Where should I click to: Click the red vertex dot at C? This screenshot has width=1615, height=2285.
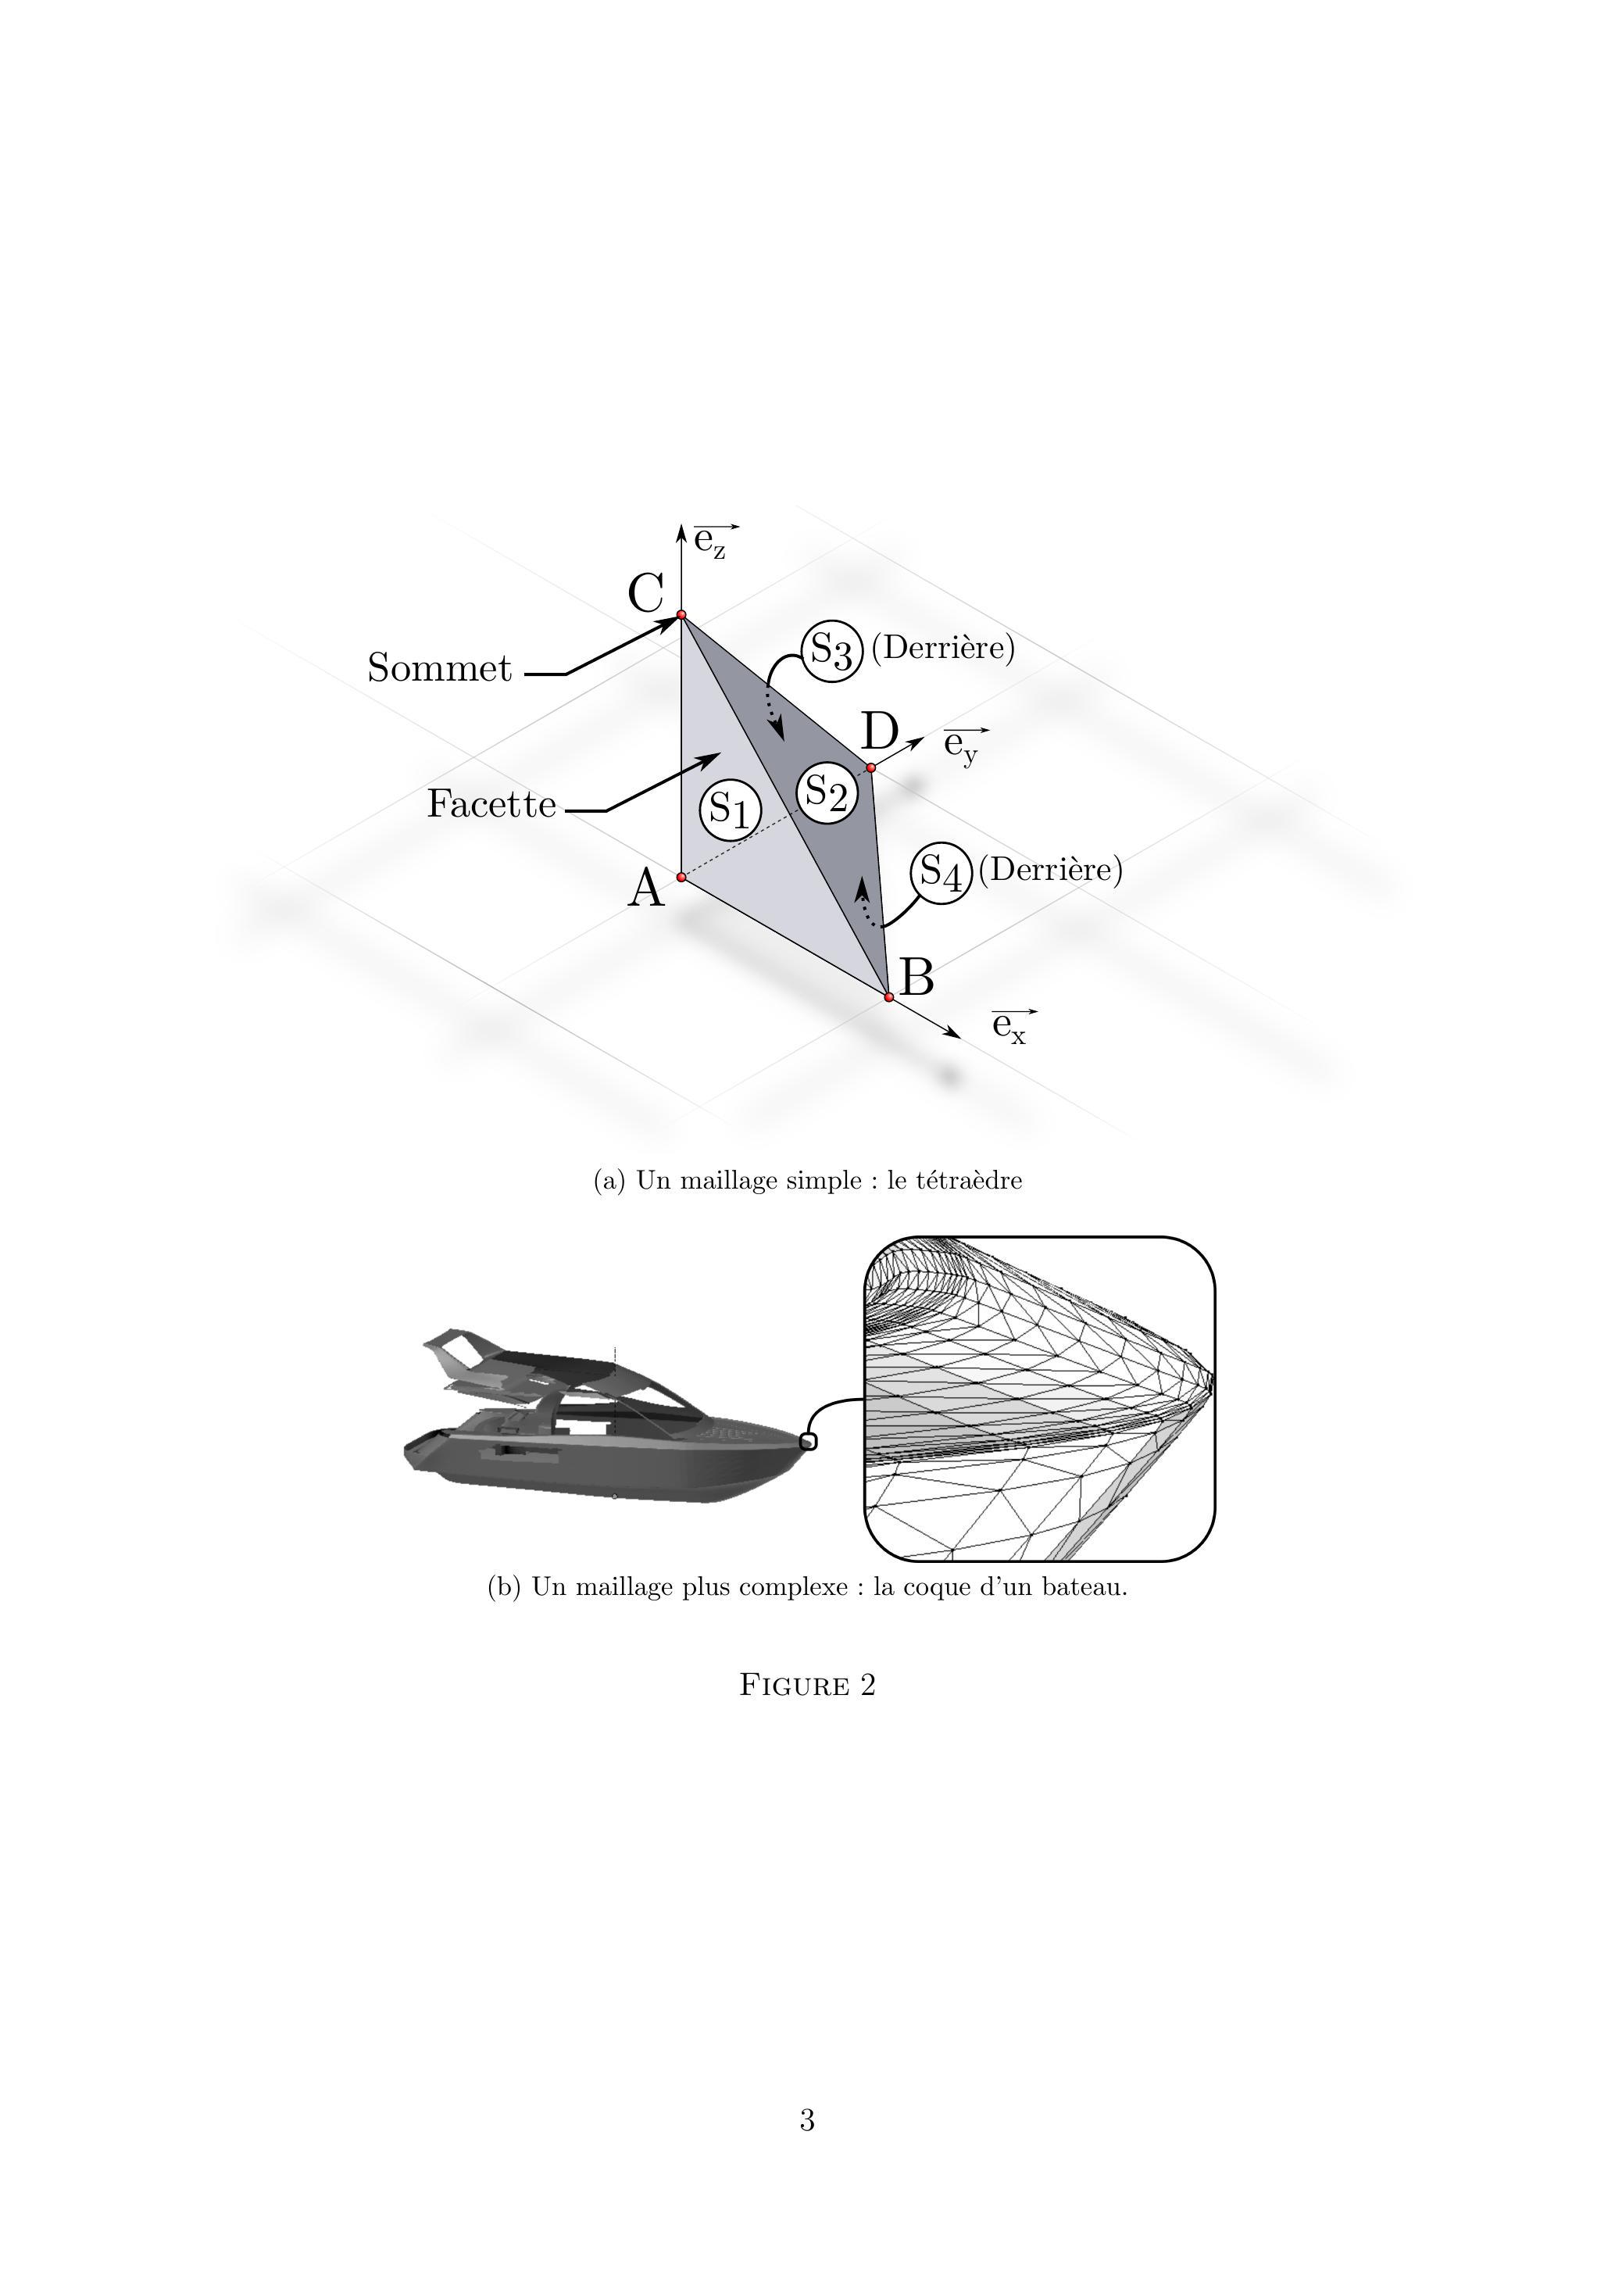pyautogui.click(x=681, y=615)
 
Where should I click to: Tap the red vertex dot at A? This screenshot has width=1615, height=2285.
pyautogui.click(x=681, y=877)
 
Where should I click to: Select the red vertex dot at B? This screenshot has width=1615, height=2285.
pyautogui.click(x=888, y=996)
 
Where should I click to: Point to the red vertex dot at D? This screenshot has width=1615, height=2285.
pyautogui.click(x=870, y=767)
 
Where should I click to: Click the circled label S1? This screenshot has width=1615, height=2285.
pyautogui.click(x=731, y=810)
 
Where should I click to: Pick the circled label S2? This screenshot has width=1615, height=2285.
pyautogui.click(x=826, y=793)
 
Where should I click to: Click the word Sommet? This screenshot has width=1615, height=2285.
pyautogui.click(x=439, y=668)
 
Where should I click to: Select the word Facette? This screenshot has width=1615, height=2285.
pyautogui.click(x=491, y=804)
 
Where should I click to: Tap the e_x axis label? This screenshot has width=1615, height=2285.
pyautogui.click(x=1011, y=1025)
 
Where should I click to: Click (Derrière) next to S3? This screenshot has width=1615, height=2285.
pyautogui.click(x=942, y=648)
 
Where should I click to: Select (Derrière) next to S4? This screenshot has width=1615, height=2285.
pyautogui.click(x=1050, y=870)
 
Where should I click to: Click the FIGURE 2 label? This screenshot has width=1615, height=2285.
pyautogui.click(x=807, y=1685)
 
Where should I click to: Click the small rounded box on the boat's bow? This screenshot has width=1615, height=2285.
pyautogui.click(x=808, y=1441)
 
